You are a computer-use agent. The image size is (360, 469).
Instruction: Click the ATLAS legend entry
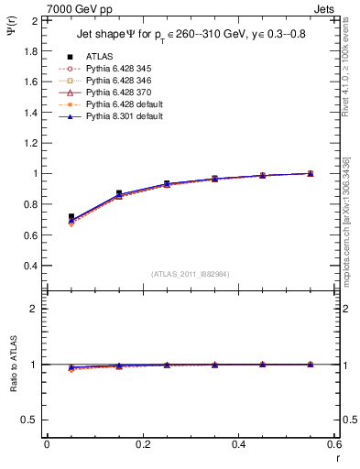99,56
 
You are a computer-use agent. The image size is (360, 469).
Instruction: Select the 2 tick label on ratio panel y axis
35,309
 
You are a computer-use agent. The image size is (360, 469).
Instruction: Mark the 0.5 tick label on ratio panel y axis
31,420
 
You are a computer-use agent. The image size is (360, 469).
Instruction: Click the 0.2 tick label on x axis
142,444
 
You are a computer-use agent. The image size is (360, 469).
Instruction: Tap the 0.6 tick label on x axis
333,444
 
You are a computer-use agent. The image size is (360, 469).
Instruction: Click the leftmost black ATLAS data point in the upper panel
71,217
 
